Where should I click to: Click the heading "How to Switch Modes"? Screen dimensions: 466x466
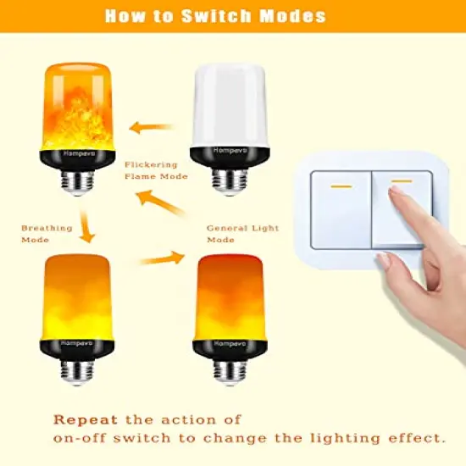[232, 15]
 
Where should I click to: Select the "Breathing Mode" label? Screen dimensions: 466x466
[41, 234]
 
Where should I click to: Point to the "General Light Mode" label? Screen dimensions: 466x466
[242, 234]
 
